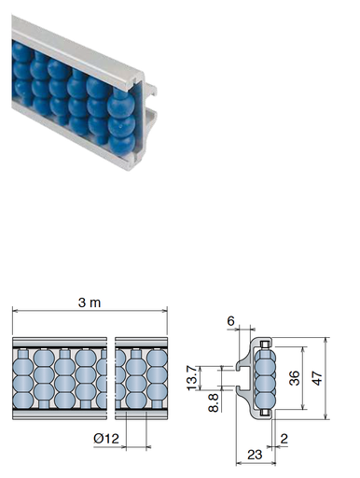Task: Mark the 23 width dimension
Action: pyautogui.click(x=252, y=455)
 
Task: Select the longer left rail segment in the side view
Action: pyautogui.click(x=58, y=377)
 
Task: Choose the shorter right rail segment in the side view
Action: pyautogui.click(x=139, y=377)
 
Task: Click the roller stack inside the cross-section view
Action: pyautogui.click(x=264, y=377)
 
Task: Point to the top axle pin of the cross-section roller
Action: pyautogui.click(x=264, y=346)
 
